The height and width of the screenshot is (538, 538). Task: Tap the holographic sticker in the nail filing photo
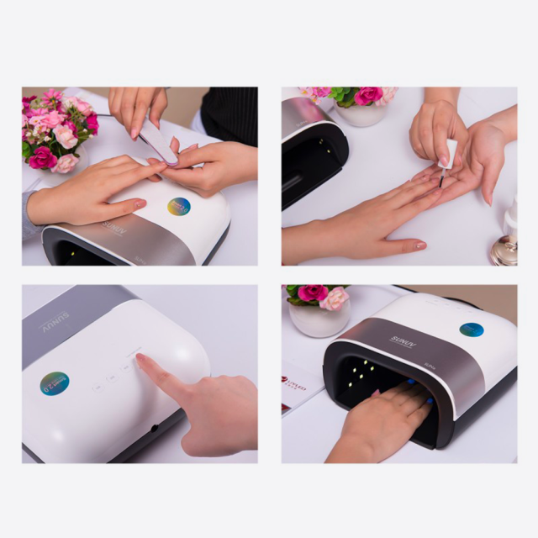(178, 207)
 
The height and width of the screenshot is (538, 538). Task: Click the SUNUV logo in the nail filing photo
(113, 229)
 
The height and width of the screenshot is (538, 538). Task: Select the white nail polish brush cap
(450, 155)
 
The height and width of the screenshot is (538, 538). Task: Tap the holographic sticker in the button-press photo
(55, 383)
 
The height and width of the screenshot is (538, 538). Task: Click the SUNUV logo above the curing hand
(403, 340)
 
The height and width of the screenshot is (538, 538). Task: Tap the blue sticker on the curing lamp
(471, 330)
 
